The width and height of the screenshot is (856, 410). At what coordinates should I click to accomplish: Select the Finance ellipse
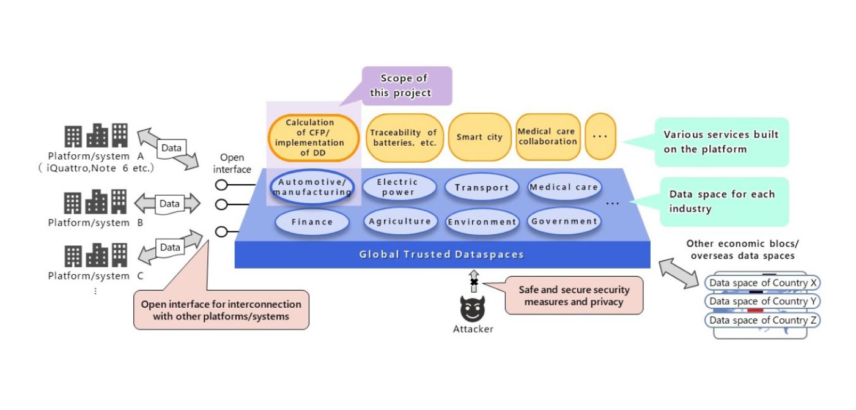coord(312,222)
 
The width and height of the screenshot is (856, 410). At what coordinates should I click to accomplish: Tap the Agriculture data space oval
coord(399,222)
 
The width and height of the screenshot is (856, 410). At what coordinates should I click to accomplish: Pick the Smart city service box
coord(479,137)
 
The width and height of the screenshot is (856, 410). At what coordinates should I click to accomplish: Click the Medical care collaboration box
coord(547,136)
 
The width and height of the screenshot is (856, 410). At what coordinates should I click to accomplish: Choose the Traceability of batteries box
coord(404,138)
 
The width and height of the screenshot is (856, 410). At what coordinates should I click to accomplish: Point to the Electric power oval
coord(398,187)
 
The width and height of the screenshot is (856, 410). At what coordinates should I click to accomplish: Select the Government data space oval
coord(563,222)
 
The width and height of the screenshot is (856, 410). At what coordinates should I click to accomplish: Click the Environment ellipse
coord(482,222)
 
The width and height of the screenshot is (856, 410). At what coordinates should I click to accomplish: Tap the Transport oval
coord(482,187)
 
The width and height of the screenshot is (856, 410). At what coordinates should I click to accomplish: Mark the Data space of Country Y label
coord(762,301)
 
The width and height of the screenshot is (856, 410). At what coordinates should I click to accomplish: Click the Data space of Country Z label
coord(762,320)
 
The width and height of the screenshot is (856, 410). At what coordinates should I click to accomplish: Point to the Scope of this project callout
coord(406,86)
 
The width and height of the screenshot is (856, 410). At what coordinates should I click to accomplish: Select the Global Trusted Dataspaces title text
coord(441,254)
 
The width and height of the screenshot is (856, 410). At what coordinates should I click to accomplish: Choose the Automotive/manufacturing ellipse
coord(312,187)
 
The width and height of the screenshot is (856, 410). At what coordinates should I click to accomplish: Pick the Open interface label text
coord(236,163)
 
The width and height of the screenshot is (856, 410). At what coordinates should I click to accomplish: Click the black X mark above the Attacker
coord(473,281)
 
